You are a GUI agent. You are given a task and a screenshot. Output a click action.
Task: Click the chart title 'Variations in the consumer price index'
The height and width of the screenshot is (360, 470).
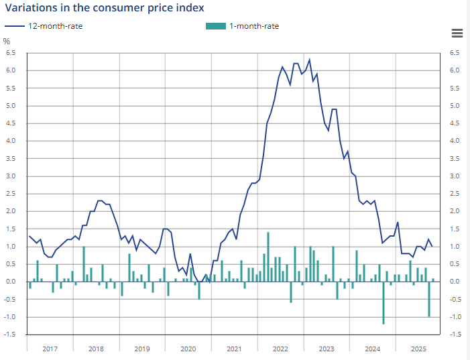pyautogui.click(x=104, y=8)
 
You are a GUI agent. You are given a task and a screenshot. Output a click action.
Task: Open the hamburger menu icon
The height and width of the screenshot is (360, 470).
pyautogui.click(x=457, y=34)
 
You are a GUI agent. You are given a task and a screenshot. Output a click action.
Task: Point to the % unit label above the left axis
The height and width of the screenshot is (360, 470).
pyautogui.click(x=7, y=41)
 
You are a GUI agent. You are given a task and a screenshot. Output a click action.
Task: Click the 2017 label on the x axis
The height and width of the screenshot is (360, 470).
pyautogui.click(x=50, y=349)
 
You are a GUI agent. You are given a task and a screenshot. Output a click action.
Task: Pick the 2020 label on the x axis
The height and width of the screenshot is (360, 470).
pyautogui.click(x=188, y=349)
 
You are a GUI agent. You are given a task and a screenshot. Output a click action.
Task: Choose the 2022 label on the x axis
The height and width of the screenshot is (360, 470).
pyautogui.click(x=280, y=349)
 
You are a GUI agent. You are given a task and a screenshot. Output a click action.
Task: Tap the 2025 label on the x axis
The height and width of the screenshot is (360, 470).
pyautogui.click(x=418, y=349)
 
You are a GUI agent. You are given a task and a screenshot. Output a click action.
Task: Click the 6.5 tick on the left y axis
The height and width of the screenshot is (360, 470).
pyautogui.click(x=11, y=53)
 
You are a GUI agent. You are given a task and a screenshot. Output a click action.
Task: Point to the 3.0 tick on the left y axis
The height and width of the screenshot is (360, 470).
pyautogui.click(x=11, y=176)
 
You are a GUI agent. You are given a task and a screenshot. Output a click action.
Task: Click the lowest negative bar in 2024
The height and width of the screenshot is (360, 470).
pyautogui.click(x=384, y=302)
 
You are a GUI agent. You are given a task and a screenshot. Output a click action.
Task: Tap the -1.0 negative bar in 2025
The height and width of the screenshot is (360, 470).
pyautogui.click(x=429, y=299)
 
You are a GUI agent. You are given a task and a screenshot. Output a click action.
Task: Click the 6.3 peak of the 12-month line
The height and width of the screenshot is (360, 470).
pyautogui.click(x=309, y=60)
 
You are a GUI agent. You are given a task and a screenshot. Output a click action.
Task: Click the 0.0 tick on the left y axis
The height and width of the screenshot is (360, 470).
pyautogui.click(x=11, y=282)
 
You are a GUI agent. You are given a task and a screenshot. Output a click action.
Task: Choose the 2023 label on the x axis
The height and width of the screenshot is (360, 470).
pyautogui.click(x=327, y=349)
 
